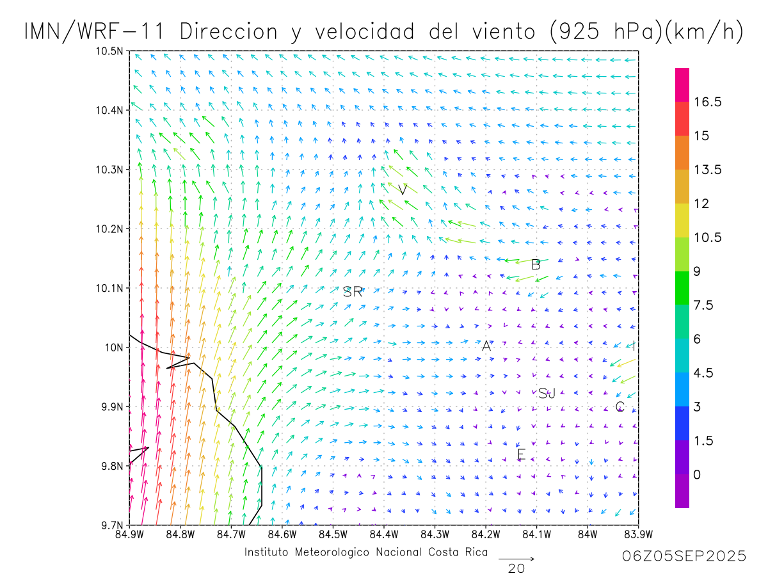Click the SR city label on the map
(x=353, y=292)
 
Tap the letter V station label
(x=403, y=189)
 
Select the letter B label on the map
(x=536, y=264)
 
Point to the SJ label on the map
(x=547, y=394)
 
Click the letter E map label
(x=521, y=455)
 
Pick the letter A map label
(x=486, y=346)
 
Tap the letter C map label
(x=620, y=406)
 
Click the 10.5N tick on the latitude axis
(x=109, y=51)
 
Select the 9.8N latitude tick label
(x=112, y=466)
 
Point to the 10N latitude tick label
(x=115, y=348)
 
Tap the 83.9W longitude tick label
(x=638, y=534)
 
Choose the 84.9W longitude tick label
(x=129, y=534)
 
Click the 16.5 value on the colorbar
(x=707, y=102)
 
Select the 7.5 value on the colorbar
(x=704, y=305)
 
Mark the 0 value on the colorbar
(x=697, y=475)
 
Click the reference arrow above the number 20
(x=516, y=559)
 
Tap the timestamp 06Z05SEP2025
(x=684, y=557)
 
